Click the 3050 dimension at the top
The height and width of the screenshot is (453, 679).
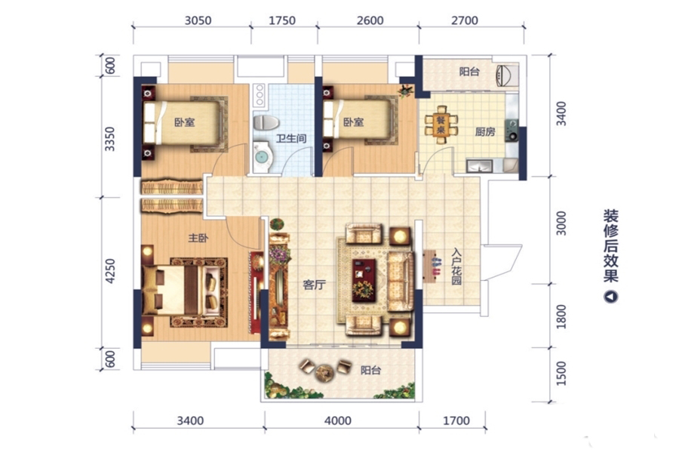pos(198,20)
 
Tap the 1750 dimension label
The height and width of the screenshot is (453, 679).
pos(282,20)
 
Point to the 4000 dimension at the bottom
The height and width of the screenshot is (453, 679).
pos(338,421)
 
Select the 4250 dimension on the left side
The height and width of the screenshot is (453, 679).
pos(111,271)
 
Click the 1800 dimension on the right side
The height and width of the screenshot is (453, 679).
pos(561,316)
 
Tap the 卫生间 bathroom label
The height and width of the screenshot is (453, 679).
pos(291,139)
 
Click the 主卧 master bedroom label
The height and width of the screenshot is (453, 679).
pos(198,238)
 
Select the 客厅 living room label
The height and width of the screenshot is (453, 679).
pos(315,285)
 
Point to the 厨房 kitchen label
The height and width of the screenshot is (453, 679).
pos(485,131)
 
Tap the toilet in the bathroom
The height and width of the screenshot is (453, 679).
pos(266,122)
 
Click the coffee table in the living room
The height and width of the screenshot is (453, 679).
pos(364,279)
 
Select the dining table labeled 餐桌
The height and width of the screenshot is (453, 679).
pos(441,125)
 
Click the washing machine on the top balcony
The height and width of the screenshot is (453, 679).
pos(507,75)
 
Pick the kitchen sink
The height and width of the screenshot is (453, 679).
pos(479,165)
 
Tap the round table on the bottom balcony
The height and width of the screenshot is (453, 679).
pos(324,372)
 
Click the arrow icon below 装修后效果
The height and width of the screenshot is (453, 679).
pos(611,297)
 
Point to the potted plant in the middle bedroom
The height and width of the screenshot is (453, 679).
pos(406,90)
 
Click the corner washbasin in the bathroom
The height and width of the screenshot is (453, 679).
pos(263,156)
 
